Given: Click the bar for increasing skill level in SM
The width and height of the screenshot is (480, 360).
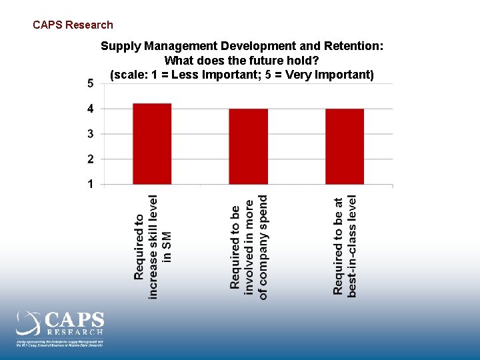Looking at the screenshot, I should (x=152, y=144).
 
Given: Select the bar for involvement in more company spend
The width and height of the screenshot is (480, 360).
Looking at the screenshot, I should (x=248, y=147).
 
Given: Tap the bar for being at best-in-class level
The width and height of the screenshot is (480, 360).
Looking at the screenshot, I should (x=345, y=147).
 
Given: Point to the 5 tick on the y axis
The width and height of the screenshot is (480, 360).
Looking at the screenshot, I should (x=90, y=83).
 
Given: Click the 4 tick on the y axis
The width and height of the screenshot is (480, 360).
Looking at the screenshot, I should (x=90, y=109).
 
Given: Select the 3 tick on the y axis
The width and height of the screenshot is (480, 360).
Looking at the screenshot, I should (x=90, y=134).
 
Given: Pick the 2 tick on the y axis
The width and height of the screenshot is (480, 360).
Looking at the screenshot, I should (x=90, y=159).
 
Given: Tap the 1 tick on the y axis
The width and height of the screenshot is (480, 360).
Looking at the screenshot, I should (x=90, y=184).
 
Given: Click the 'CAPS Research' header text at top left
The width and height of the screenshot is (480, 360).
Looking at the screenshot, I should (x=73, y=25).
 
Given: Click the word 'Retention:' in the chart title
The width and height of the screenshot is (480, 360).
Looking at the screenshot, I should (x=357, y=47).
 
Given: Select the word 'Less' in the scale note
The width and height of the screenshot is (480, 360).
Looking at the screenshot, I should (x=183, y=75).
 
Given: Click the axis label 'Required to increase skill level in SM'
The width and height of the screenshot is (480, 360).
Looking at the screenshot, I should (x=153, y=247).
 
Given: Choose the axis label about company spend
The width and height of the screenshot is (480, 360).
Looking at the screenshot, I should (x=249, y=247).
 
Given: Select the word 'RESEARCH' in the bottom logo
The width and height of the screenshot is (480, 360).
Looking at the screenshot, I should (x=75, y=331).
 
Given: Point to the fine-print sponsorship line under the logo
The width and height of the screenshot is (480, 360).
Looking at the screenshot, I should (x=60, y=343).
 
